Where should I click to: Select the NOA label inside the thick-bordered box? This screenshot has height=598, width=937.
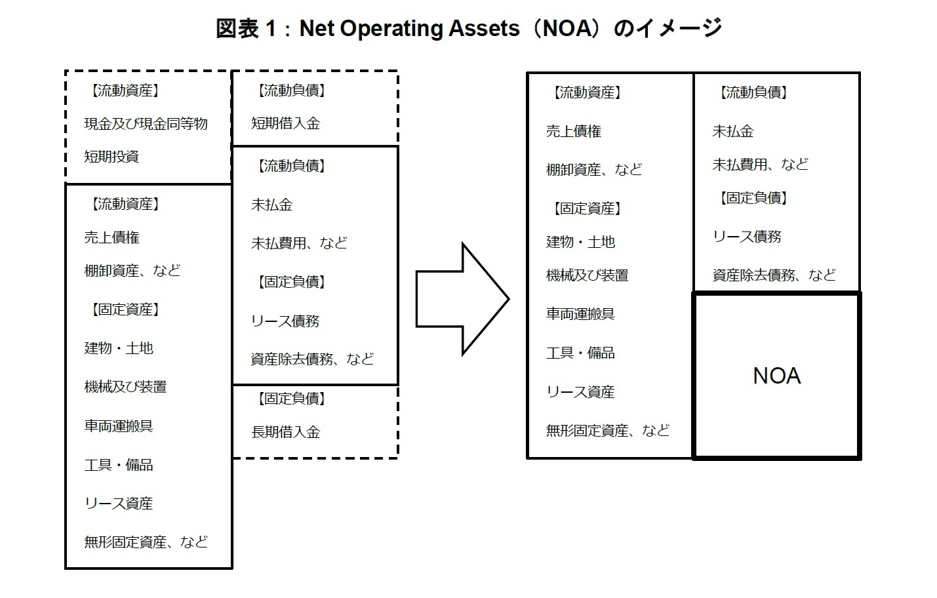[776, 376]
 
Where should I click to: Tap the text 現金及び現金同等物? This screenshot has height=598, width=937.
[146, 124]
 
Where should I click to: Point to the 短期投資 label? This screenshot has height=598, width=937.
[111, 157]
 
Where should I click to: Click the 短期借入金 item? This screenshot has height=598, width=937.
[285, 123]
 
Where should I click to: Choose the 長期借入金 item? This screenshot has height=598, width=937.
[285, 432]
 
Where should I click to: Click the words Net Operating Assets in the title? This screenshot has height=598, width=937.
[409, 29]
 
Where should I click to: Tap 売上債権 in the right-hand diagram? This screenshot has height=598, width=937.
[573, 131]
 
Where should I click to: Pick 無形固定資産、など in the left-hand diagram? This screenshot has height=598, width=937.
[146, 542]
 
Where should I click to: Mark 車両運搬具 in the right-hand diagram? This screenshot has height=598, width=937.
[580, 314]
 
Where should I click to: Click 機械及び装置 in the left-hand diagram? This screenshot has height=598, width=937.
[125, 387]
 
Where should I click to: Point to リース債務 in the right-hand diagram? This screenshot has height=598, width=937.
[747, 237]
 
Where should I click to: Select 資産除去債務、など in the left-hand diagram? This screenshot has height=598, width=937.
[312, 359]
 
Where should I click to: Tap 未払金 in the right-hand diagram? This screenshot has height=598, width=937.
[732, 131]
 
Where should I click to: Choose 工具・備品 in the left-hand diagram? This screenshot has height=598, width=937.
[119, 465]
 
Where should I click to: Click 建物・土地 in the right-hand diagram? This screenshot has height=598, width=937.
[580, 242]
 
